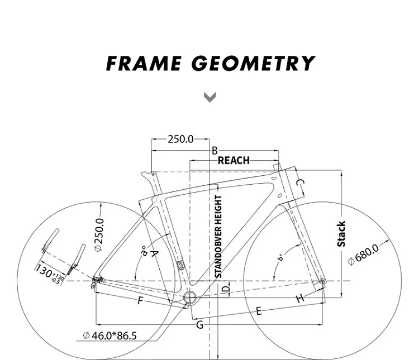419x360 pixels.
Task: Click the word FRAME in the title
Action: [x=142, y=63]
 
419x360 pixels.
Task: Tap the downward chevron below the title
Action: [x=209, y=98]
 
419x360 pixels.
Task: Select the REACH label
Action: [x=234, y=160]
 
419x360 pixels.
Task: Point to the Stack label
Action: [x=341, y=233]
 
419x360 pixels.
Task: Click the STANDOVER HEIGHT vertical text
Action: [x=218, y=236]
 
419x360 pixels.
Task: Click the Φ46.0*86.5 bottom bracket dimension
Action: [x=110, y=335]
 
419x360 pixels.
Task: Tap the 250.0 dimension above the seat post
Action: [x=180, y=139]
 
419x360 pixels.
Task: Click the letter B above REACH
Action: [x=214, y=150]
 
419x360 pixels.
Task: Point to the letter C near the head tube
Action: [x=299, y=184]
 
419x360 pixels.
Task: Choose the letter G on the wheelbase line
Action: [x=199, y=325]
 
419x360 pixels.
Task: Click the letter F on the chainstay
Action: [x=140, y=301]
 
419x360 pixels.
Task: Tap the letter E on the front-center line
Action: [x=259, y=311]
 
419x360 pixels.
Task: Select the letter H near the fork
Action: [x=299, y=297]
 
